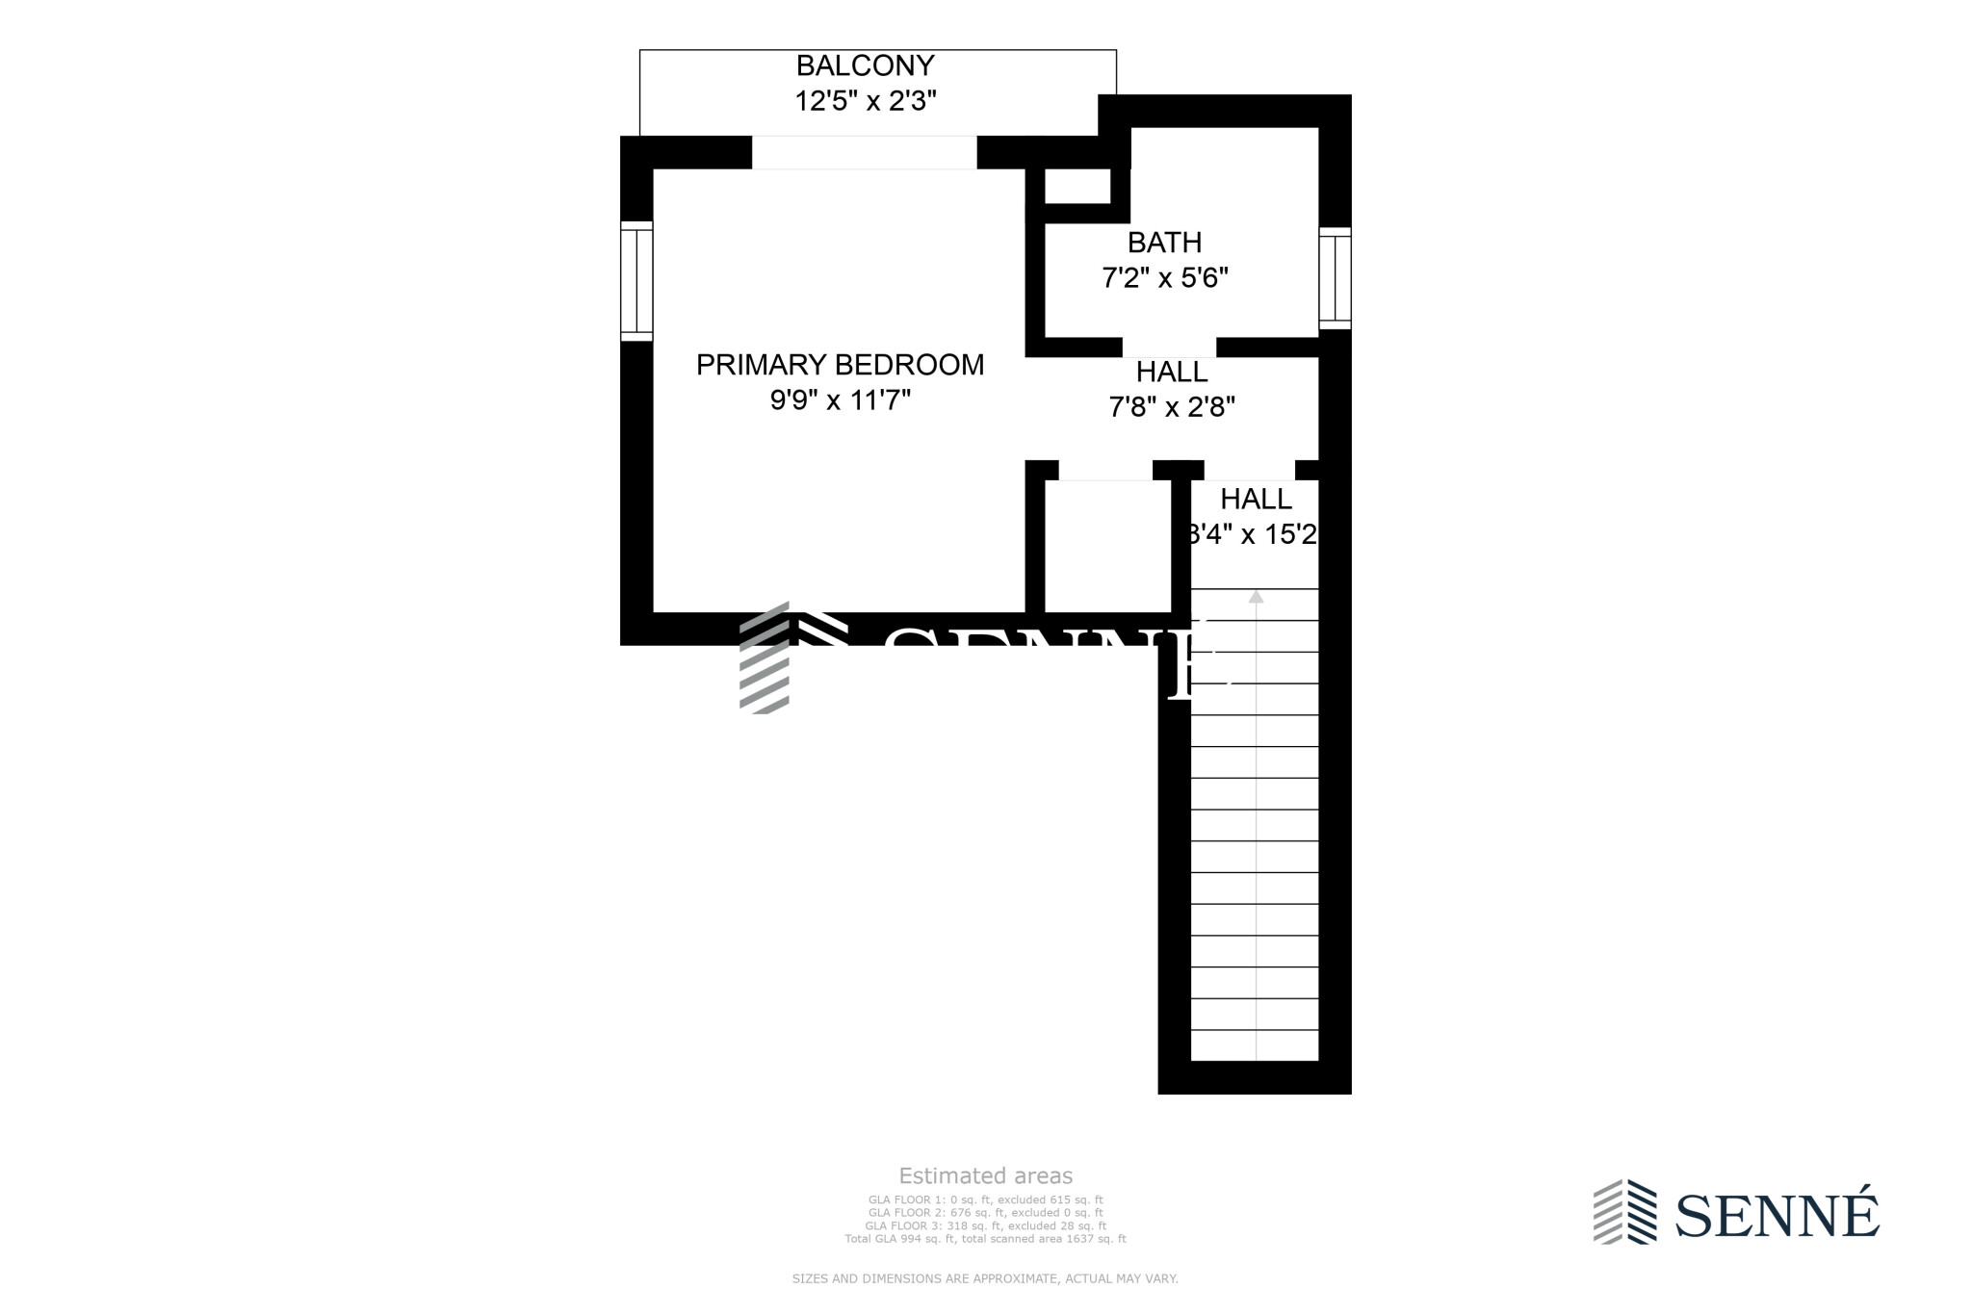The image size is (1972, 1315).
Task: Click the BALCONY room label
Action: point(865,65)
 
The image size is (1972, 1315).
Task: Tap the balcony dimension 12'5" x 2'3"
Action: point(865,101)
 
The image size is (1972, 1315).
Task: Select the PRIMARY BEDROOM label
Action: point(840,365)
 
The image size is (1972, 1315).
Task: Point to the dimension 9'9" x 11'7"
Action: point(840,400)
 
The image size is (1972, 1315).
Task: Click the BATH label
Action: point(1164,242)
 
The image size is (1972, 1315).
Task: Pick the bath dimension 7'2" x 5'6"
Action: point(1164,278)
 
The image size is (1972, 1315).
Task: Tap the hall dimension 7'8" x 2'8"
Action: point(1171,407)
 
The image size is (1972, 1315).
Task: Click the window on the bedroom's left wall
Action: point(636,281)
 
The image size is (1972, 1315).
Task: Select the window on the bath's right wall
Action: point(1335,278)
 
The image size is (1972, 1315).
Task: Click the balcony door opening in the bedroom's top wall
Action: point(864,153)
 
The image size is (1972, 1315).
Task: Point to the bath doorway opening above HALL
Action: point(1169,348)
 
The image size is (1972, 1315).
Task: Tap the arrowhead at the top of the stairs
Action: point(1256,597)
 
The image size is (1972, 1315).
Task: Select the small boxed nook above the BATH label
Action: point(1077,187)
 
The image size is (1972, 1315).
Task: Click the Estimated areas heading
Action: point(985,1175)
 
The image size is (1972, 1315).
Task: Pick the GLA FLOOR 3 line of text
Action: point(985,1225)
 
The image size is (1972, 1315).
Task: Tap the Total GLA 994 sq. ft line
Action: point(985,1239)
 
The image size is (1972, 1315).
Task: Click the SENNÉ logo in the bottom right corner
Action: point(1736,1212)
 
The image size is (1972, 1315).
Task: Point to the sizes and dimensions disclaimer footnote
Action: point(985,1278)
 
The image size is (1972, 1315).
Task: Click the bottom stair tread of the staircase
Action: point(1254,1044)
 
